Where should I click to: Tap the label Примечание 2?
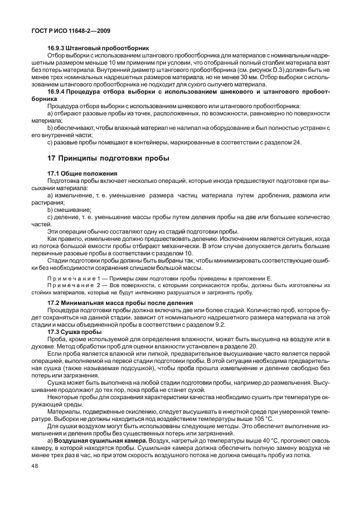69,285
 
